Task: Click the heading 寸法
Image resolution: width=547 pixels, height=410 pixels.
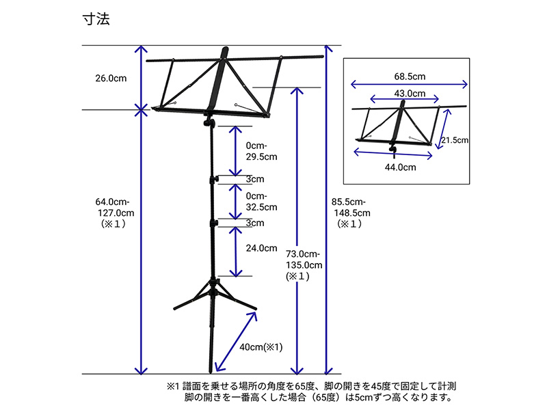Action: (x=96, y=19)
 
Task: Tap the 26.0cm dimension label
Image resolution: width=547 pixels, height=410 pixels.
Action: (x=111, y=78)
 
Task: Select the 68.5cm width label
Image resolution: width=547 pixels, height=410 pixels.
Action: (x=410, y=77)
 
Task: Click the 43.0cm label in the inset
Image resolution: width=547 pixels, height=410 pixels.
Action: (x=410, y=94)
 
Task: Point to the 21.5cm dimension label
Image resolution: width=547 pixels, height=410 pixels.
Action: (x=455, y=140)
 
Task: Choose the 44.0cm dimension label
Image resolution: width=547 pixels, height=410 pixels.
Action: (x=401, y=167)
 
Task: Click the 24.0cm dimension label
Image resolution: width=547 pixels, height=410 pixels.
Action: (x=262, y=248)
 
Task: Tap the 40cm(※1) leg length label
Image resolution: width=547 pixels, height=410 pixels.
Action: (x=261, y=347)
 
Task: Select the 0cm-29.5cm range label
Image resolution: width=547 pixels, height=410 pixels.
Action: (x=262, y=151)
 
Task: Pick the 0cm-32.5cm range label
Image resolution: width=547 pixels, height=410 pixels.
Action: (x=262, y=202)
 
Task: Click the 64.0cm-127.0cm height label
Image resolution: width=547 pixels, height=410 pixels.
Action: (x=114, y=213)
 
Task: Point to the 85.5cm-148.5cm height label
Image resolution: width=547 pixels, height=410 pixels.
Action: (x=351, y=213)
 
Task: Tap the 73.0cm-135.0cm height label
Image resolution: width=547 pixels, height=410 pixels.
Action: (x=304, y=265)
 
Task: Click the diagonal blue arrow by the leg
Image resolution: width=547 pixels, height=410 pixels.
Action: (x=236, y=342)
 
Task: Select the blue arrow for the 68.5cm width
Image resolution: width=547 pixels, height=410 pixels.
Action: (x=409, y=84)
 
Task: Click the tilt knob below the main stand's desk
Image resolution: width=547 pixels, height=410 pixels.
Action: (x=209, y=123)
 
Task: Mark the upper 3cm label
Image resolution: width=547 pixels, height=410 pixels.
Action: (x=255, y=179)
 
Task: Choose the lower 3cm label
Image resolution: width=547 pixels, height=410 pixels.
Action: (x=255, y=223)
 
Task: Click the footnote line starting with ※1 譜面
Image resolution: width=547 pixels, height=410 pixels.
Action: (x=311, y=386)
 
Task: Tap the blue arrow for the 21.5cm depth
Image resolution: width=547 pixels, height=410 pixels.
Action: (x=443, y=129)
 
